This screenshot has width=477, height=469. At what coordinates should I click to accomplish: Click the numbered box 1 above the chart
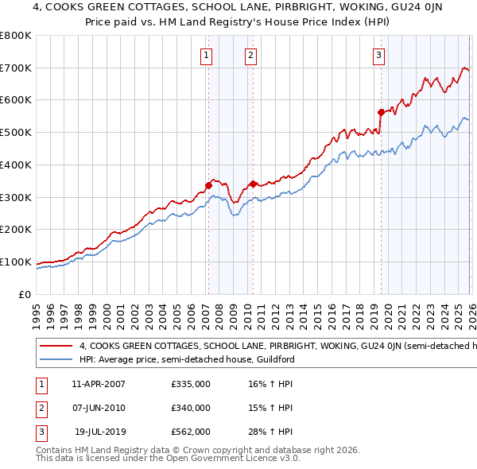(x=206, y=55)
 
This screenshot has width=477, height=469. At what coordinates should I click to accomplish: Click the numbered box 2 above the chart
(x=250, y=55)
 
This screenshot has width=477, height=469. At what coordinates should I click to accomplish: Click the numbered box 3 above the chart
(x=378, y=55)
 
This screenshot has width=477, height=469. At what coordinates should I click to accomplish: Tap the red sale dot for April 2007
(x=208, y=185)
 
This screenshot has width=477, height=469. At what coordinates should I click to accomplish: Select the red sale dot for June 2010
(x=253, y=184)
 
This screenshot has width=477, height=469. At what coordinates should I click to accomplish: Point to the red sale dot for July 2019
(x=381, y=112)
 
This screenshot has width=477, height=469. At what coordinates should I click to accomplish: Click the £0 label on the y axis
(x=25, y=294)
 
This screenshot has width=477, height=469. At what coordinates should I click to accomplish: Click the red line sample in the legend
(x=55, y=346)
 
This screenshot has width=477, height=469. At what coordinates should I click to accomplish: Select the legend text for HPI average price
(x=184, y=359)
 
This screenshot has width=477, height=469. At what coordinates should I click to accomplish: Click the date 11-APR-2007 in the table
(x=99, y=384)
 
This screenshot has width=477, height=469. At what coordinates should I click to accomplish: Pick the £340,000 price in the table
(x=191, y=408)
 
